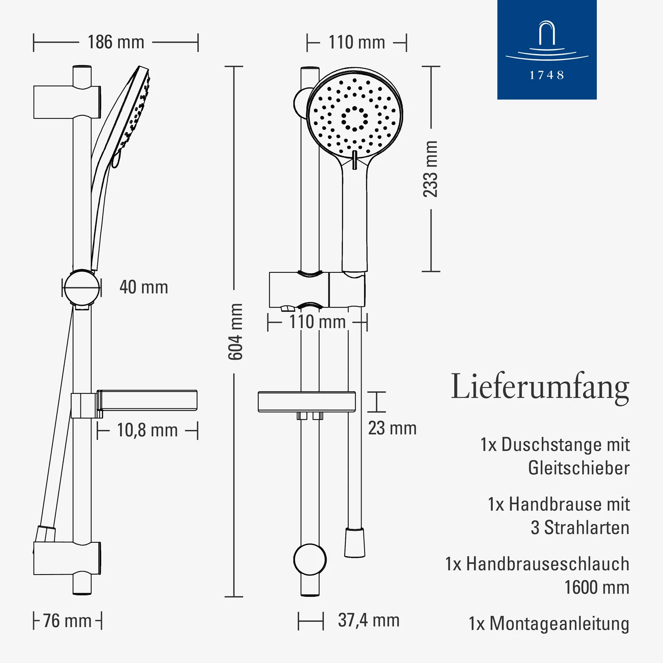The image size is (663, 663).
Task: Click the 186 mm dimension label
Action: (x=116, y=42)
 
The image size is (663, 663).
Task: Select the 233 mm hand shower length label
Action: (x=430, y=169)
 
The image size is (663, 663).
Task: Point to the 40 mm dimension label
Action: (x=144, y=287)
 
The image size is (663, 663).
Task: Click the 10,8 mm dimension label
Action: (x=147, y=430)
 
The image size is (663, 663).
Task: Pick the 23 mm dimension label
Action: (x=392, y=428)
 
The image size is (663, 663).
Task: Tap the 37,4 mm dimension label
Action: (x=369, y=620)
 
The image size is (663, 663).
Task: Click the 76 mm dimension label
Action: (x=67, y=621)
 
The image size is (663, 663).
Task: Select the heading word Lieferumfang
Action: (x=540, y=387)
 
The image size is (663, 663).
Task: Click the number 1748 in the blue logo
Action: (x=547, y=75)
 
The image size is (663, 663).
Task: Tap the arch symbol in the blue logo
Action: (x=547, y=33)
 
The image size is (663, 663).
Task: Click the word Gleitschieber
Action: (x=579, y=468)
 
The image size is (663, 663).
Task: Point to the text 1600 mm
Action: (x=597, y=587)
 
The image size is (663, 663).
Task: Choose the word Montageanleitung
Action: (x=559, y=624)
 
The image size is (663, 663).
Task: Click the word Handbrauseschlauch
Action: (x=548, y=564)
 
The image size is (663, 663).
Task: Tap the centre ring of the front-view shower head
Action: (x=354, y=118)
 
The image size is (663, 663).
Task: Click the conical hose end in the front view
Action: (x=354, y=542)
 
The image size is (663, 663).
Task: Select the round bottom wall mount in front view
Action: (x=310, y=560)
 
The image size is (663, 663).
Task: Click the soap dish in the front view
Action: (x=307, y=401)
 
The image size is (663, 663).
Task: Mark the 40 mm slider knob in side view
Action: (x=82, y=288)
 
